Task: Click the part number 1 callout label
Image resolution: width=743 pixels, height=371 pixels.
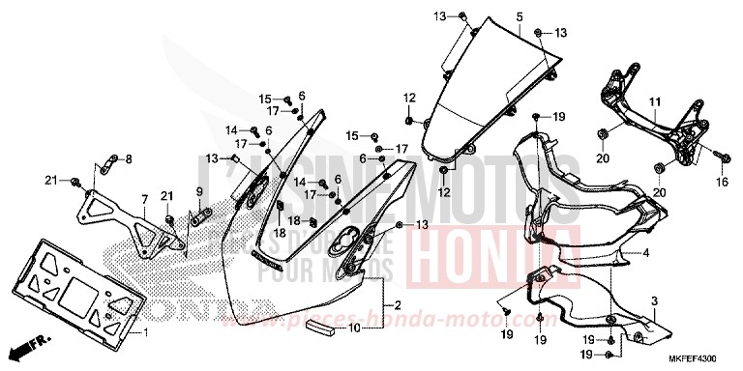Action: coord(146,333)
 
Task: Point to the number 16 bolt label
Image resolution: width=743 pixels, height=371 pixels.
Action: coord(722,182)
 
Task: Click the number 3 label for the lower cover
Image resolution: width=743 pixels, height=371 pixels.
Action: coord(653,302)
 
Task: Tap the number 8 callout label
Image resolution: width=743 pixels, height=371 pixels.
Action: coord(129,158)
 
